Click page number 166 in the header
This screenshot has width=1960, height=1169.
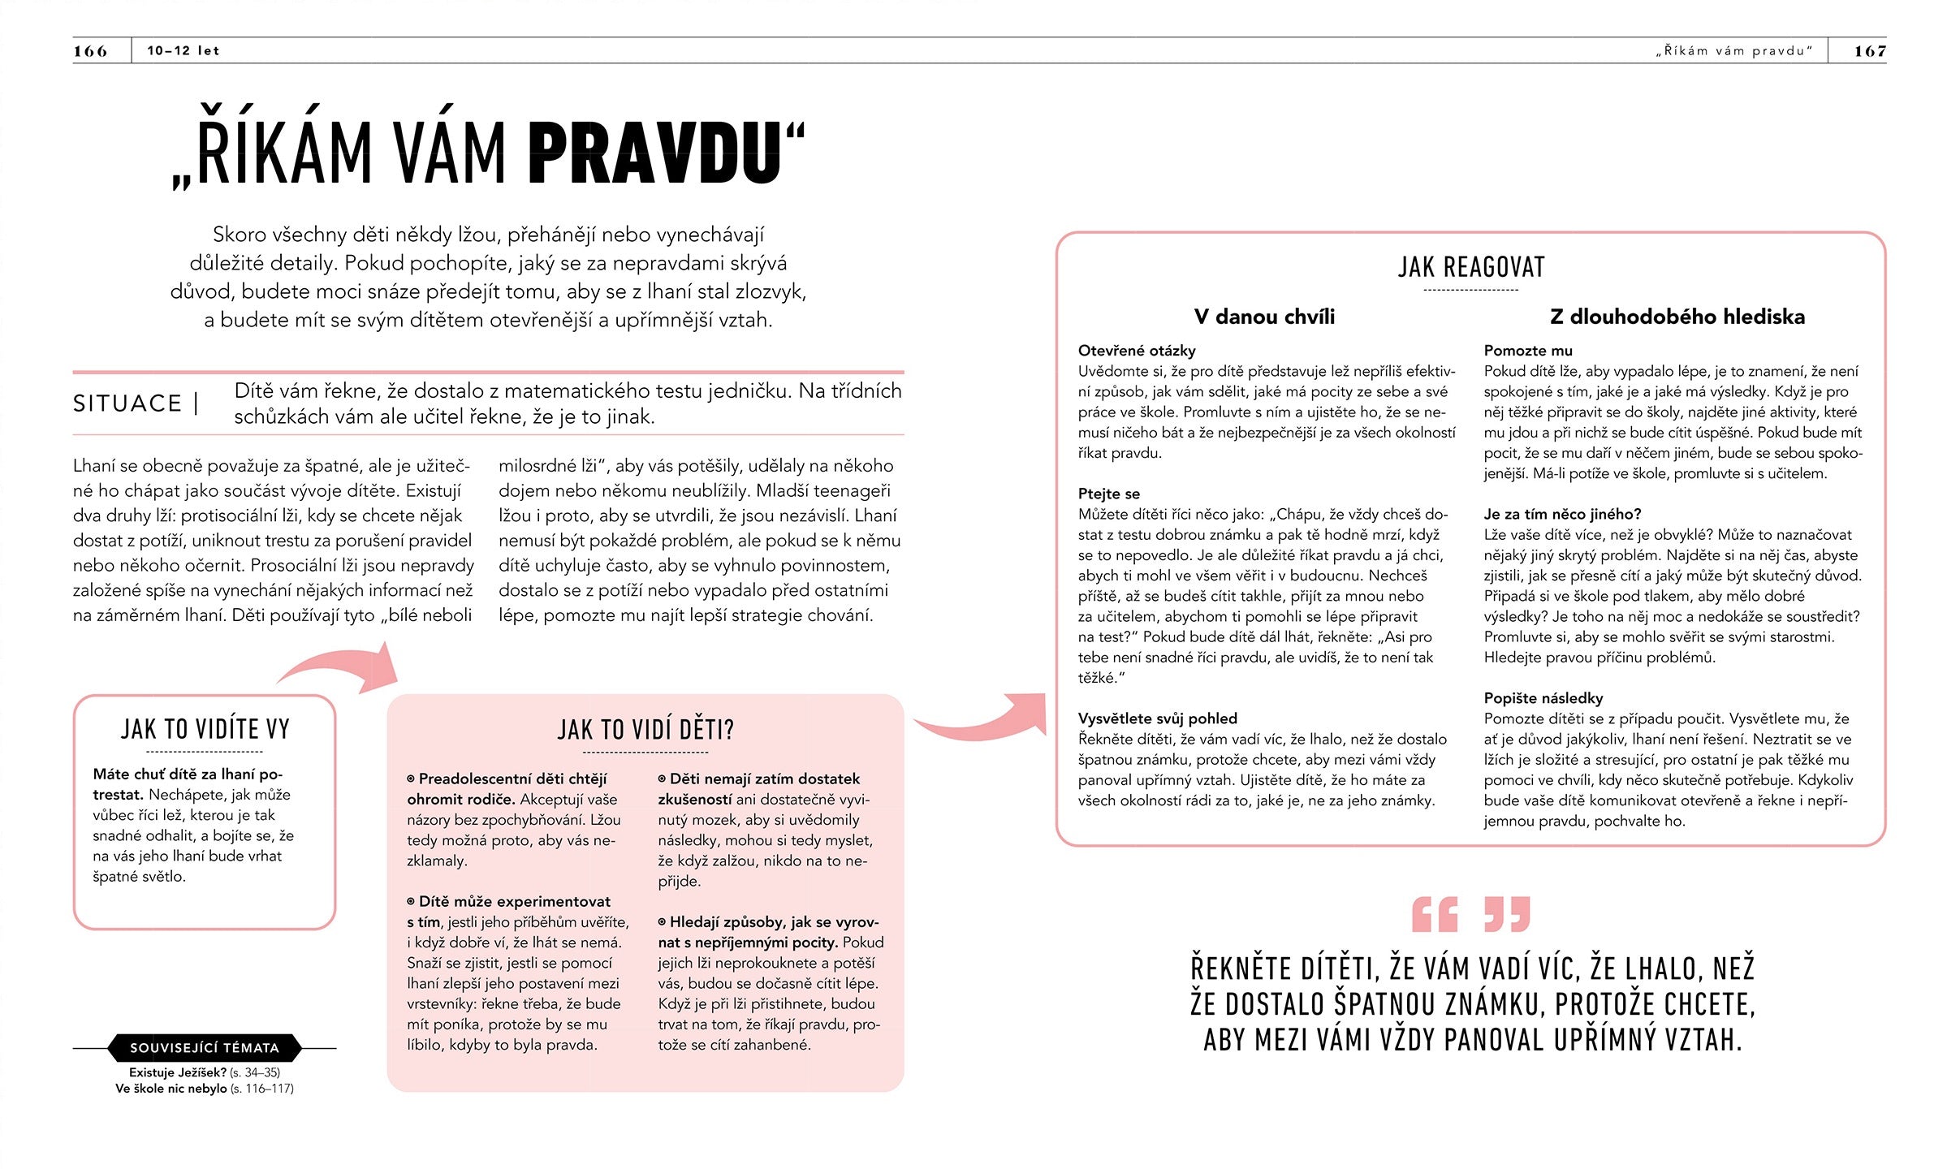click(90, 51)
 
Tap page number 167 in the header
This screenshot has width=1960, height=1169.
click(1870, 51)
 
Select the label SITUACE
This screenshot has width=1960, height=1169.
click(127, 403)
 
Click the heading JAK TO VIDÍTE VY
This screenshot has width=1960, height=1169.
click(205, 729)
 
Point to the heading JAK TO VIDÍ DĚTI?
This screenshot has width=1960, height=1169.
click(645, 730)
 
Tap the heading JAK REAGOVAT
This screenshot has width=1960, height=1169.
click(1471, 267)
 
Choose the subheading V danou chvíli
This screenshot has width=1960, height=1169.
click(1264, 317)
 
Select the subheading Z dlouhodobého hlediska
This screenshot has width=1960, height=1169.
click(1677, 317)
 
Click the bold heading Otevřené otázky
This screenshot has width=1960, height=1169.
click(1137, 351)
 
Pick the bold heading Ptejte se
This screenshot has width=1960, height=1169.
click(1109, 494)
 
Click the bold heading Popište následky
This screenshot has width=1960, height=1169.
click(1543, 698)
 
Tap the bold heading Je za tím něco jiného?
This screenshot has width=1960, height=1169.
click(1562, 514)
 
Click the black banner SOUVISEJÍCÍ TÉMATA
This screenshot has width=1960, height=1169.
click(205, 1048)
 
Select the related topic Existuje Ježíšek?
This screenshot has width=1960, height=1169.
click(178, 1072)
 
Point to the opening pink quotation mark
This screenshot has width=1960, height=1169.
click(1435, 915)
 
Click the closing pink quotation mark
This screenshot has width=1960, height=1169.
click(1507, 915)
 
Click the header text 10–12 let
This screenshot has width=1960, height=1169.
click(183, 51)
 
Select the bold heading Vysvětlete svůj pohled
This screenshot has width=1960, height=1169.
click(1158, 718)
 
